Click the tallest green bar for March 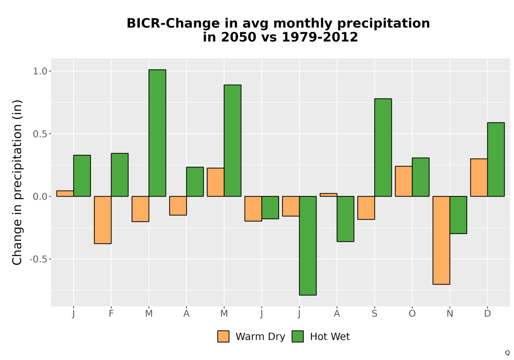coord(157,133)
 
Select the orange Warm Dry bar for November coord(441,240)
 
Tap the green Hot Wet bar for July coord(308,246)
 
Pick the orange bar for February coord(103,220)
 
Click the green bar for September coord(383,148)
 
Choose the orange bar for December coord(479,177)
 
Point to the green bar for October coord(420,177)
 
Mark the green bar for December coord(496,159)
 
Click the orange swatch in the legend coord(223,336)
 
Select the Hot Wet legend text coord(330,337)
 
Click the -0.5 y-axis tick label coord(39,259)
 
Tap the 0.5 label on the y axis coord(40,134)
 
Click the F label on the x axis coord(111,314)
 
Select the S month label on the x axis coord(374,314)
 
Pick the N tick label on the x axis coord(450,314)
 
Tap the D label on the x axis coord(487,314)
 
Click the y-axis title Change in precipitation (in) coord(17,182)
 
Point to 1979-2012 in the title coord(320,37)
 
